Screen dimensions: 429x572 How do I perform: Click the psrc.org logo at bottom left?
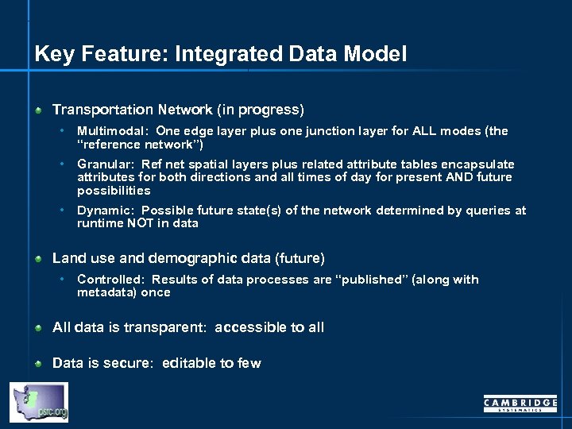38,402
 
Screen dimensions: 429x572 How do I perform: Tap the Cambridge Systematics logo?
520,404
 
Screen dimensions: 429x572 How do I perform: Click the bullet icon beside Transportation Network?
38,110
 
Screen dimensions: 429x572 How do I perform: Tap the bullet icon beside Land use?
38,259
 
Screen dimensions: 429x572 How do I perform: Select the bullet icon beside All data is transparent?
38,328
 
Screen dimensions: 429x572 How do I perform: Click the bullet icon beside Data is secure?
38,364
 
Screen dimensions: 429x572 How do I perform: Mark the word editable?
189,363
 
